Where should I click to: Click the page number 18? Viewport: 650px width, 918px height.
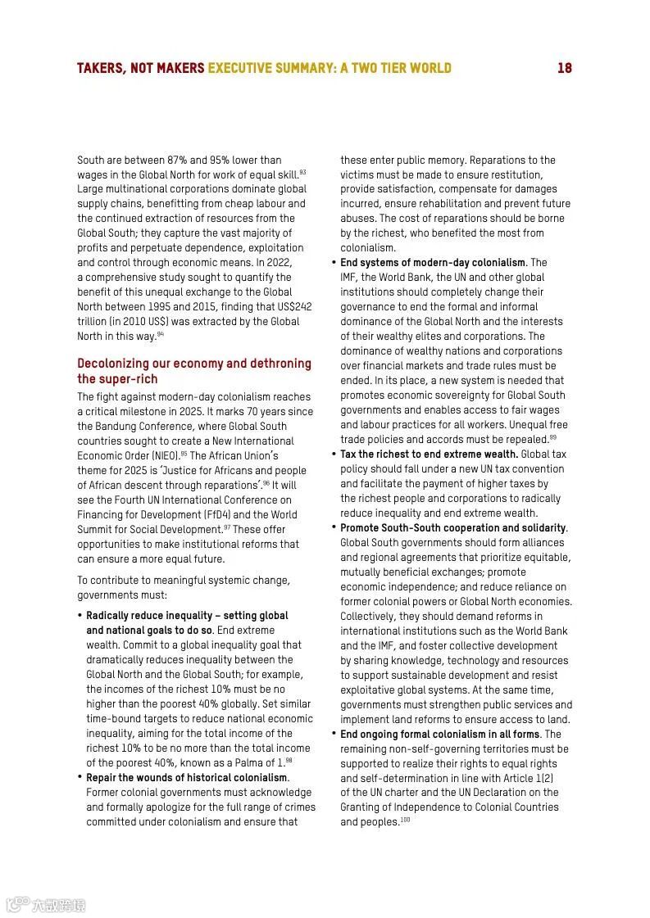click(x=564, y=68)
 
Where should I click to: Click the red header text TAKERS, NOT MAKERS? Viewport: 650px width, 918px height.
click(x=140, y=68)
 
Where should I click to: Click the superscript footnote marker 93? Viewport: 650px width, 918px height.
click(x=302, y=172)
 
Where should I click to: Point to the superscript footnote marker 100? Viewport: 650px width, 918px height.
click(x=405, y=820)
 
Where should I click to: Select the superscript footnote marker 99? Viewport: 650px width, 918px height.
click(x=552, y=437)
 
